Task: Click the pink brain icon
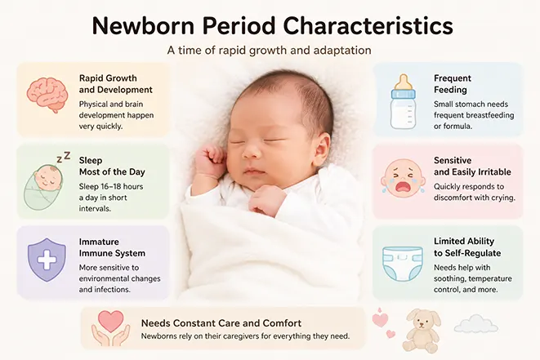[x=47, y=95]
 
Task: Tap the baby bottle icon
[x=403, y=101]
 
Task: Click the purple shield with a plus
[x=47, y=260]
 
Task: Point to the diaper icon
[x=403, y=264]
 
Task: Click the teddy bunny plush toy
[x=422, y=331]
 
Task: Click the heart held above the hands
[x=111, y=321]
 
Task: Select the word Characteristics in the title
[x=368, y=26]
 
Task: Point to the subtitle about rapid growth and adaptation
[x=270, y=51]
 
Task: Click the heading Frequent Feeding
[x=453, y=84]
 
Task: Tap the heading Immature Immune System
[x=112, y=247]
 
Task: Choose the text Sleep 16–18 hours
[x=111, y=187]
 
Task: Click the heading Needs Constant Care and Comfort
[x=221, y=323]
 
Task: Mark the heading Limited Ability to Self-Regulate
[x=467, y=247]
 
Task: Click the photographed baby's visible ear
[x=323, y=146]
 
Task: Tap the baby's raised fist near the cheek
[x=210, y=161]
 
